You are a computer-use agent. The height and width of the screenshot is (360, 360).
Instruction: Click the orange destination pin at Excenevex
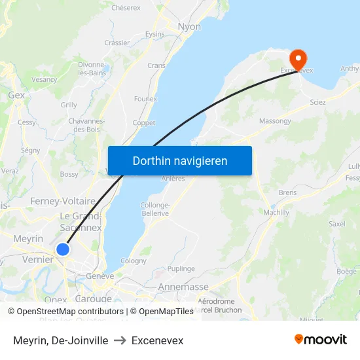point(298,59)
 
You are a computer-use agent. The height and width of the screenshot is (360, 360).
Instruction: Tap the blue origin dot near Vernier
point(63,249)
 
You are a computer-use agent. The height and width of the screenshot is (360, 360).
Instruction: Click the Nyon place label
point(189,27)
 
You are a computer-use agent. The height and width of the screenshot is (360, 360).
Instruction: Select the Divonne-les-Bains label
point(92,69)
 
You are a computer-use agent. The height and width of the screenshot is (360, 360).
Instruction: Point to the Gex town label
point(16,95)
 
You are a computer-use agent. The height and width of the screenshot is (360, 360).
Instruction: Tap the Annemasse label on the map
point(183,287)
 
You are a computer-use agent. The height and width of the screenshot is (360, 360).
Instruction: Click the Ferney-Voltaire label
point(63,201)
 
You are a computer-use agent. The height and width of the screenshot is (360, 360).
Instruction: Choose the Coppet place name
point(144,122)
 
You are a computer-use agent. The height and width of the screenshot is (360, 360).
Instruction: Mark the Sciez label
point(318,102)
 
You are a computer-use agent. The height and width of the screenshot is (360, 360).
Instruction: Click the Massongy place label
point(275,121)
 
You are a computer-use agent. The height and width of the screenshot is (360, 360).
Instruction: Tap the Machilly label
point(275,213)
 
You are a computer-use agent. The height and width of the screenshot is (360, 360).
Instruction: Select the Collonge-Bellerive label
point(155,209)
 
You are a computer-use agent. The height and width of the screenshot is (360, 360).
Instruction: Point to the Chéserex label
point(126,8)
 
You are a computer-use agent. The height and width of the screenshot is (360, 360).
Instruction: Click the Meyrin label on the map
point(28,239)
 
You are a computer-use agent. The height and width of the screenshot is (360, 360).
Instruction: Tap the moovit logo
point(321,339)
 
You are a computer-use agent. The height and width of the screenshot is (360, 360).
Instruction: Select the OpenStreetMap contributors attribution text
point(65,312)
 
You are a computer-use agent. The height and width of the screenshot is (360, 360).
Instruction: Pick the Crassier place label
point(117,43)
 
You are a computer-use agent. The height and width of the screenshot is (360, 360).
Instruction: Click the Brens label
point(287,193)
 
